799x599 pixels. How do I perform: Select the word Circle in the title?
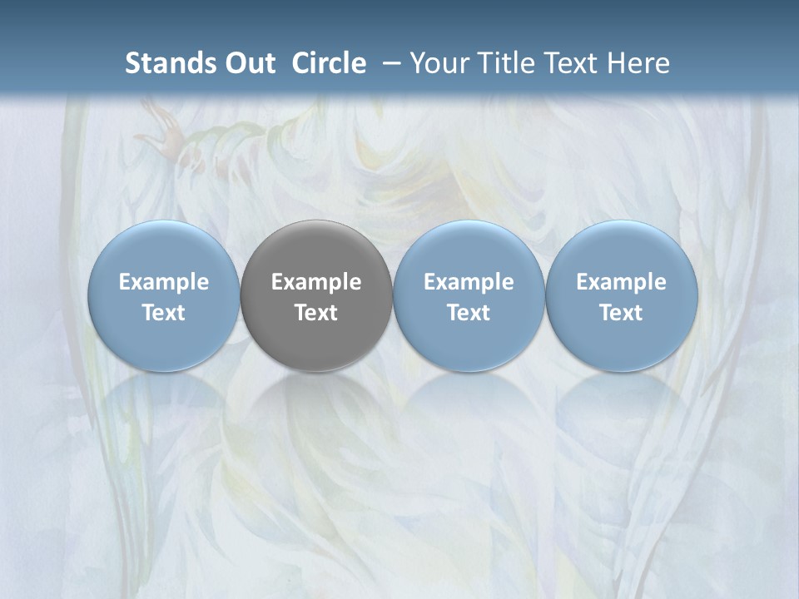click(x=329, y=63)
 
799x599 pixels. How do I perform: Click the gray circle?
click(x=316, y=250)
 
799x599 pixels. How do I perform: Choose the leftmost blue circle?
click(x=163, y=250)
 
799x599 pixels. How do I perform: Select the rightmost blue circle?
click(x=621, y=250)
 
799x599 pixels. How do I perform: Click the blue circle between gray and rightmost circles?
click(x=469, y=250)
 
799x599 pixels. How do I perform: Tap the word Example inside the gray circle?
click(x=316, y=282)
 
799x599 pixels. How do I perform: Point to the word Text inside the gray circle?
click(x=316, y=313)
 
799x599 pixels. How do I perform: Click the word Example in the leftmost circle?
click(x=163, y=282)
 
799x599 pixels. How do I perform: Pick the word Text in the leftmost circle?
click(x=163, y=313)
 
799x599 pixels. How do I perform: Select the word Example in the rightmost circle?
click(x=621, y=282)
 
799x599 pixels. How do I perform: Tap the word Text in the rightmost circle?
click(x=621, y=313)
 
